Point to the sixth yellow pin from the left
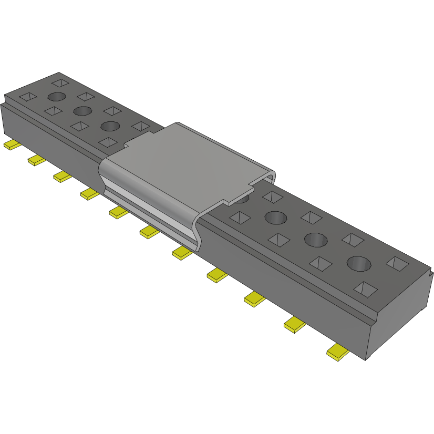pos(149,232)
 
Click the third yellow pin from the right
pos(255,299)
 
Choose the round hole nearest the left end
pos(57,97)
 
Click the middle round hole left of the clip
pos(83,111)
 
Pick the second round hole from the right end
pos(315,239)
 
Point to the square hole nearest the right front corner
pos(366,288)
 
